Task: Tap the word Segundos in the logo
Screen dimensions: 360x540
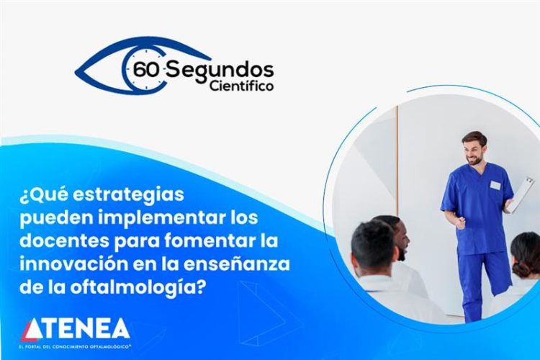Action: click(220, 69)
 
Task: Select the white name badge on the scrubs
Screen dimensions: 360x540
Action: click(495, 185)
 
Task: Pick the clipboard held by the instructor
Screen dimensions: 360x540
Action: click(520, 194)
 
